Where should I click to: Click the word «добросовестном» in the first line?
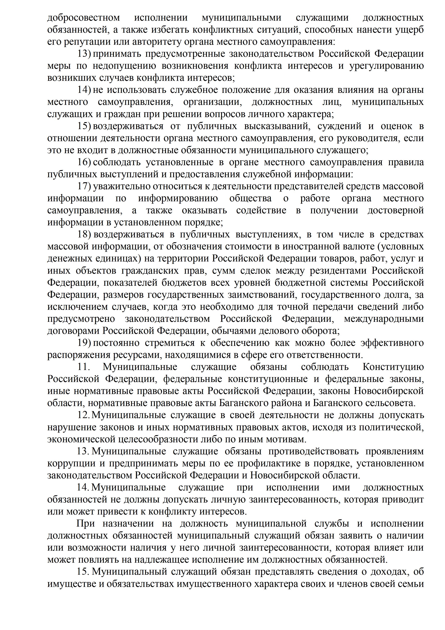coord(84,18)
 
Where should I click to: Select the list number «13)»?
coord(84,54)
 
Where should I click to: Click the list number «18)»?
coord(84,235)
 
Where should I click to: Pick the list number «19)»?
coord(84,343)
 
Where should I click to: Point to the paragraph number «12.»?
coord(83,415)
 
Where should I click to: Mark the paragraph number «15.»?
coord(83,572)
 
